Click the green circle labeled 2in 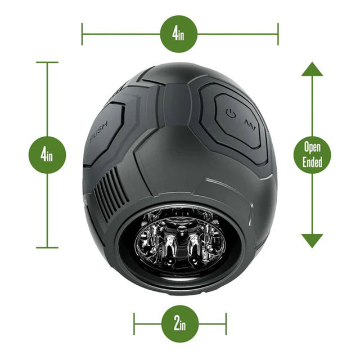[x=179, y=324]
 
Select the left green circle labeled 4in [x=47, y=154]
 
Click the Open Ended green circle [x=313, y=155]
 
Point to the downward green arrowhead [x=312, y=240]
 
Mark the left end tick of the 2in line [x=134, y=324]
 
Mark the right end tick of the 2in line [x=226, y=324]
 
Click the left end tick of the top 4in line [x=82, y=34]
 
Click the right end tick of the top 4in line [x=278, y=34]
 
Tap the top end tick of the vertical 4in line [x=47, y=62]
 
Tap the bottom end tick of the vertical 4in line [x=47, y=247]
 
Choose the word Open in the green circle [x=313, y=148]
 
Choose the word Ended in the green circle [x=313, y=163]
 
